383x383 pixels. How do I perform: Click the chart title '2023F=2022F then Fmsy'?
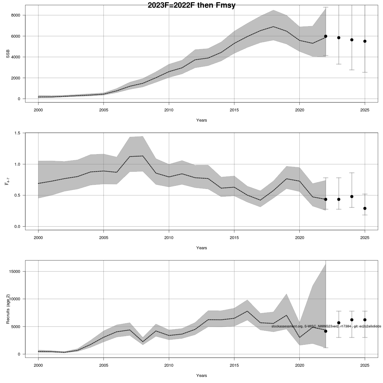tap(191, 5)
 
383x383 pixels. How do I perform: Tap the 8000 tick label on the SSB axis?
tap(15, 15)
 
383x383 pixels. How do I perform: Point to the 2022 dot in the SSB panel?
tap(326, 36)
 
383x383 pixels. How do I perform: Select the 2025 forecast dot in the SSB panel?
tap(365, 41)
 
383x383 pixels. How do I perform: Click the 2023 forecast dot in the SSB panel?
tap(339, 38)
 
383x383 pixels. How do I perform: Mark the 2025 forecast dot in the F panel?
tap(365, 208)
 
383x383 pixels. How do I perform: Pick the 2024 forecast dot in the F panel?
tap(352, 197)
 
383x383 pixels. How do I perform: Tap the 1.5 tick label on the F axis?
tap(17, 133)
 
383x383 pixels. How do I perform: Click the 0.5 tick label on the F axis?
tap(17, 195)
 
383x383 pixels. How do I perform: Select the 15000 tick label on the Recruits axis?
tap(14, 272)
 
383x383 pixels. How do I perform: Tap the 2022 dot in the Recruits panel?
tap(326, 331)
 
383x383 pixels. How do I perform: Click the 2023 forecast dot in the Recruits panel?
tap(339, 323)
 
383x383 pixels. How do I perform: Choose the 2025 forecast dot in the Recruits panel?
tap(365, 320)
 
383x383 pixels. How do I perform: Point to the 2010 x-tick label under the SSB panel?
tap(169, 110)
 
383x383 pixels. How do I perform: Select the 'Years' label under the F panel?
tap(201, 248)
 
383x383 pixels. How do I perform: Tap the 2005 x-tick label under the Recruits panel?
tap(103, 365)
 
